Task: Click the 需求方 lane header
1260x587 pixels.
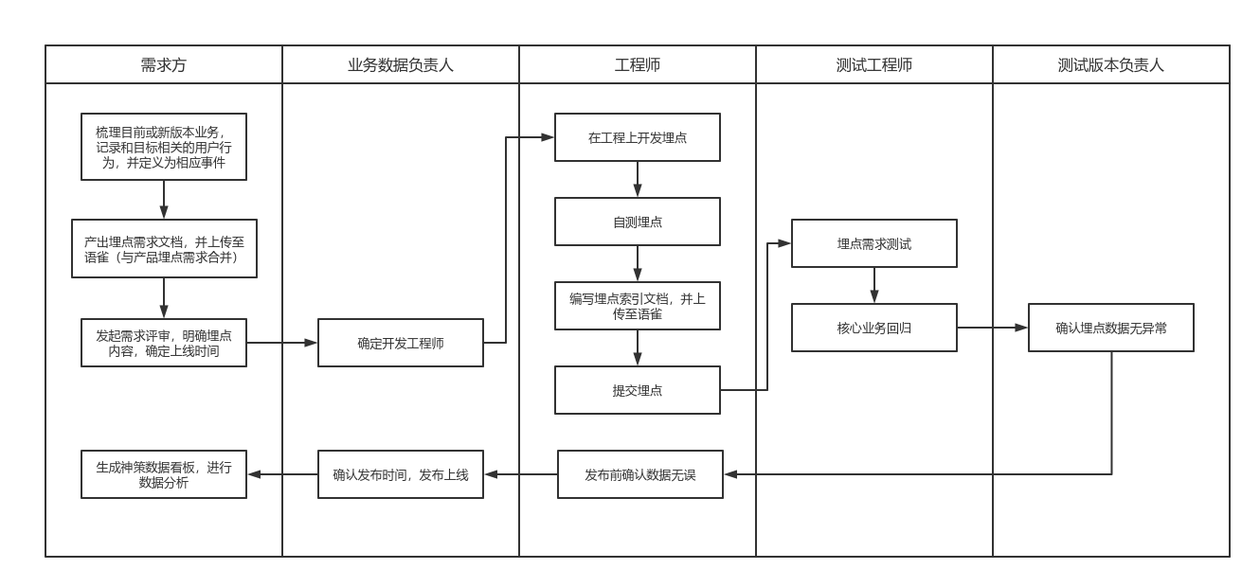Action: click(164, 65)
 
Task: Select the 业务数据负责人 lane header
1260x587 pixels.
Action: click(401, 65)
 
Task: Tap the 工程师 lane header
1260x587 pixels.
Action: click(638, 65)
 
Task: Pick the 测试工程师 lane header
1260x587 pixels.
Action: click(874, 65)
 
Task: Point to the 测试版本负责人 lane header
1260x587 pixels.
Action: click(1111, 65)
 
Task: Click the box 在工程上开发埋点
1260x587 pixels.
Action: click(638, 137)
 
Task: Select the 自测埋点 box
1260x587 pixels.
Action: click(638, 222)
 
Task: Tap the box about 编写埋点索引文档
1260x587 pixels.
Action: click(638, 306)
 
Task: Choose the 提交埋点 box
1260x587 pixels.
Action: click(638, 390)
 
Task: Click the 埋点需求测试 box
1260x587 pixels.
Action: click(874, 243)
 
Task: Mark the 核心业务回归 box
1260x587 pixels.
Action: click(874, 328)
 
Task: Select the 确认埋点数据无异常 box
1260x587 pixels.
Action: click(1111, 328)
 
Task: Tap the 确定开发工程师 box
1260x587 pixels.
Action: click(401, 343)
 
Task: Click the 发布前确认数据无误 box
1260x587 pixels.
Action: click(640, 474)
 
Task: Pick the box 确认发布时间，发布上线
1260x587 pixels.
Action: click(401, 474)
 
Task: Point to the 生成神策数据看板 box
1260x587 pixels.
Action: click(164, 474)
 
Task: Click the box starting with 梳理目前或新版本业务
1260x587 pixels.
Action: click(164, 147)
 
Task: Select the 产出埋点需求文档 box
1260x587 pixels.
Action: click(164, 249)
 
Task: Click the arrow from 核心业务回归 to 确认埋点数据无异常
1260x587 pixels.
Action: click(992, 328)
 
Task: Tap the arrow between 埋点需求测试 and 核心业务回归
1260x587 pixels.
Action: click(874, 285)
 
